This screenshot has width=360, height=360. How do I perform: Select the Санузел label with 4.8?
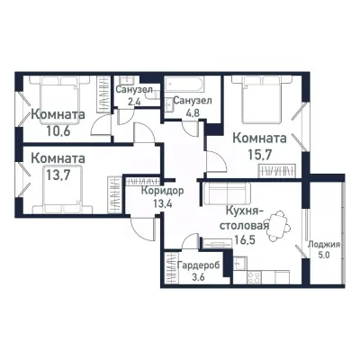click(x=193, y=101)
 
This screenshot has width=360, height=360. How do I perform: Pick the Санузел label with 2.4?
click(x=133, y=91)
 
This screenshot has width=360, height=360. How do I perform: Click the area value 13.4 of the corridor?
click(x=163, y=203)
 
